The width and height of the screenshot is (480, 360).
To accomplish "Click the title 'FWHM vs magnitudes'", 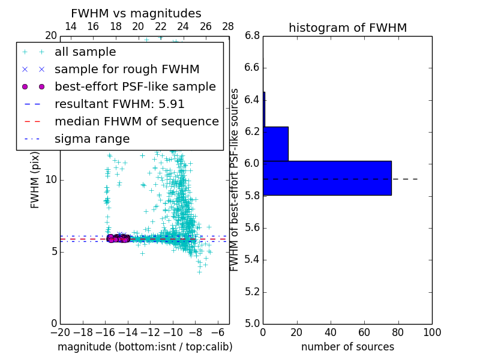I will click(136, 13).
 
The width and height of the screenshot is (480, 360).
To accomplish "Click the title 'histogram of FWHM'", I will click(347, 28).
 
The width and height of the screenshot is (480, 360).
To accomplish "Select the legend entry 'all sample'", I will click(85, 52).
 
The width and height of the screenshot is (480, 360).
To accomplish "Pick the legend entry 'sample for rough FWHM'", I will click(127, 70).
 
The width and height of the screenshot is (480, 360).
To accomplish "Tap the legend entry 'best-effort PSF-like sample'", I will click(135, 87).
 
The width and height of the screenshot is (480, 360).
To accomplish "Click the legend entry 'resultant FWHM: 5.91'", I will click(119, 104).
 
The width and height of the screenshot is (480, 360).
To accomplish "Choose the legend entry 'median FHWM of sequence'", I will click(136, 122).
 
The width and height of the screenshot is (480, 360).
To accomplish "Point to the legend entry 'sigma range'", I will click(92, 139).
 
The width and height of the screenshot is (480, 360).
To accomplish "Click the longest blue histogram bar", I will click(327, 178).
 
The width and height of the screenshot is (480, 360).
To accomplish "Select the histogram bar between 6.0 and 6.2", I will click(275, 144).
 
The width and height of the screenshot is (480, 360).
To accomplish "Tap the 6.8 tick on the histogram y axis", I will click(252, 35).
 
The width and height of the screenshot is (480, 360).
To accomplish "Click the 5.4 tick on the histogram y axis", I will click(252, 260).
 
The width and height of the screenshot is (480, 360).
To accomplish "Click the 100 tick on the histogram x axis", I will click(432, 332).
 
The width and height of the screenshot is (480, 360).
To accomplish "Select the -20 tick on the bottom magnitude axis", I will click(60, 332).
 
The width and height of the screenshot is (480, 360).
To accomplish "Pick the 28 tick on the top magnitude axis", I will click(228, 26).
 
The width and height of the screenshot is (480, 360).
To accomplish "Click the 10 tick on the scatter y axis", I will click(50, 180).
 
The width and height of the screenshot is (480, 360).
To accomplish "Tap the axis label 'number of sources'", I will click(347, 347).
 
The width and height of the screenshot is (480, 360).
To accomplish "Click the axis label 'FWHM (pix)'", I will click(35, 180).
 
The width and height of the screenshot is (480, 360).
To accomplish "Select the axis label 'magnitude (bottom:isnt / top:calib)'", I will click(145, 347).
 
